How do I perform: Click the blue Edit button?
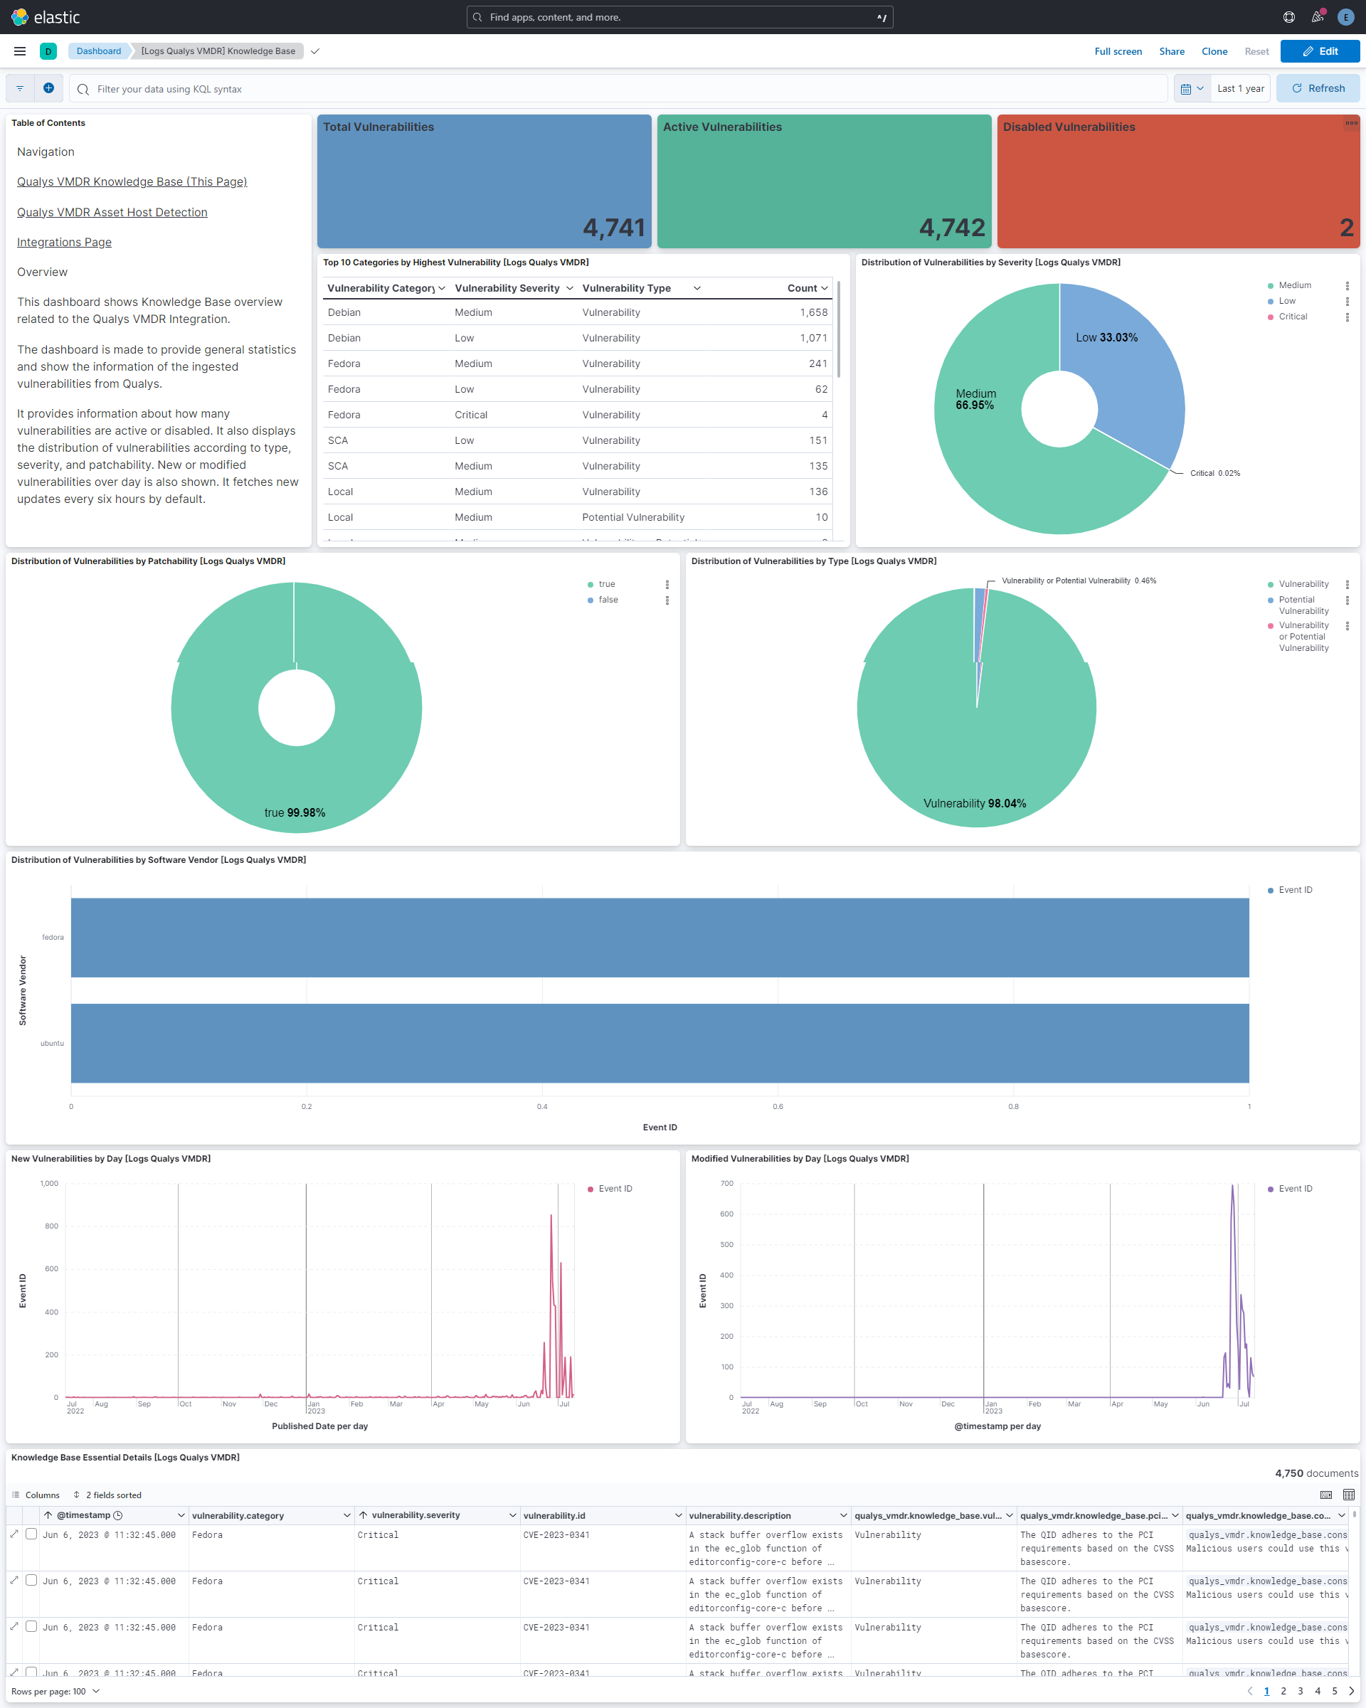[1319, 51]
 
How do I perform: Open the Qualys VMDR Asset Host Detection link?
[112, 212]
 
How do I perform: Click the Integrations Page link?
[64, 243]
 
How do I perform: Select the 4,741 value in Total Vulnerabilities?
[613, 228]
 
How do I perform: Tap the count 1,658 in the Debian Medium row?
[813, 313]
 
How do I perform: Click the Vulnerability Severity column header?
[507, 288]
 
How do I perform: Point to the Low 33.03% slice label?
[1106, 337]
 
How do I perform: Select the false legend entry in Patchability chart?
[608, 600]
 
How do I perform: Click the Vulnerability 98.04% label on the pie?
[974, 803]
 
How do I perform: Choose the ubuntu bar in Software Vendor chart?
[660, 1043]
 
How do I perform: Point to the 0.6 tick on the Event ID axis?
[778, 1107]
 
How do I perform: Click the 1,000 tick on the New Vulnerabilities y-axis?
[49, 1184]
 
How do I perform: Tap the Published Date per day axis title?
[319, 1426]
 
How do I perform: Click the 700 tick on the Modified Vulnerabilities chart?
[726, 1184]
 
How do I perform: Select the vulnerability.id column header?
[555, 1515]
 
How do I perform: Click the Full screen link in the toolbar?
[1117, 51]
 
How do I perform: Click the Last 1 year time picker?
[1240, 89]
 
